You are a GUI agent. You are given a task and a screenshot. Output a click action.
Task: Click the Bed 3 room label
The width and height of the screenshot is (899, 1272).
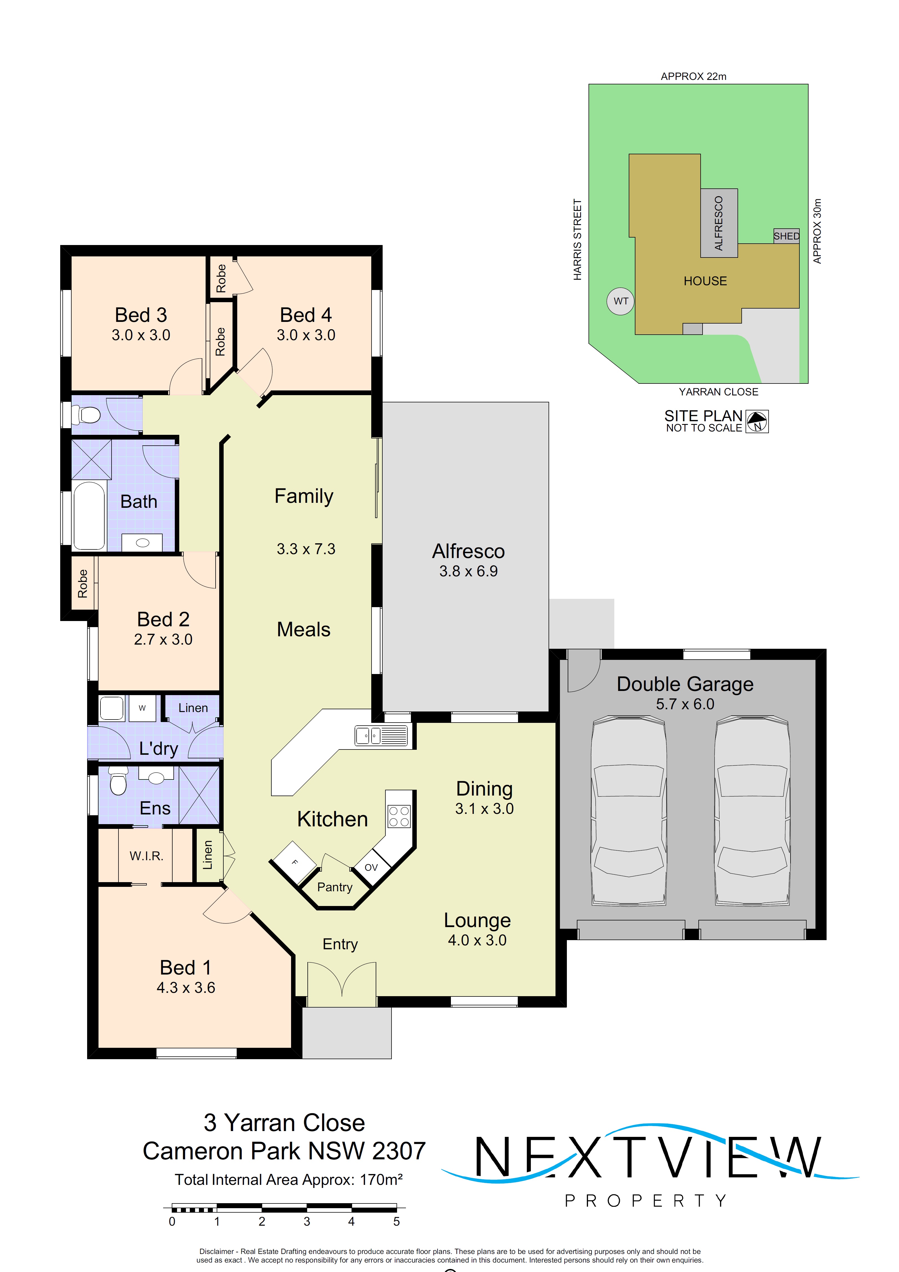click(141, 315)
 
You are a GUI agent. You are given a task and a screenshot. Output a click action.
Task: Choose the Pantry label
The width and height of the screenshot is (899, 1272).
click(335, 887)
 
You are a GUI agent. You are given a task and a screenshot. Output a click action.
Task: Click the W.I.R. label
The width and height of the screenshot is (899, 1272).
click(146, 856)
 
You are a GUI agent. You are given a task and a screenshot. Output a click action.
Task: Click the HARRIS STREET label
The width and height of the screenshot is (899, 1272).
click(577, 239)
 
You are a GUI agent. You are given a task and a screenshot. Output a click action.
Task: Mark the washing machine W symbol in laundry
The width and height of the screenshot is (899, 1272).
click(142, 708)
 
